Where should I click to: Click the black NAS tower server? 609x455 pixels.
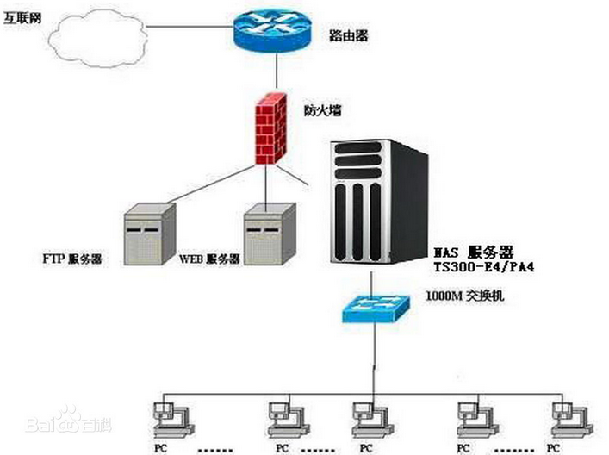point(379,203)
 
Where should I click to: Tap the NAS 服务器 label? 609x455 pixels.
point(473,252)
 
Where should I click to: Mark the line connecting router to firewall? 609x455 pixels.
point(276,72)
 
